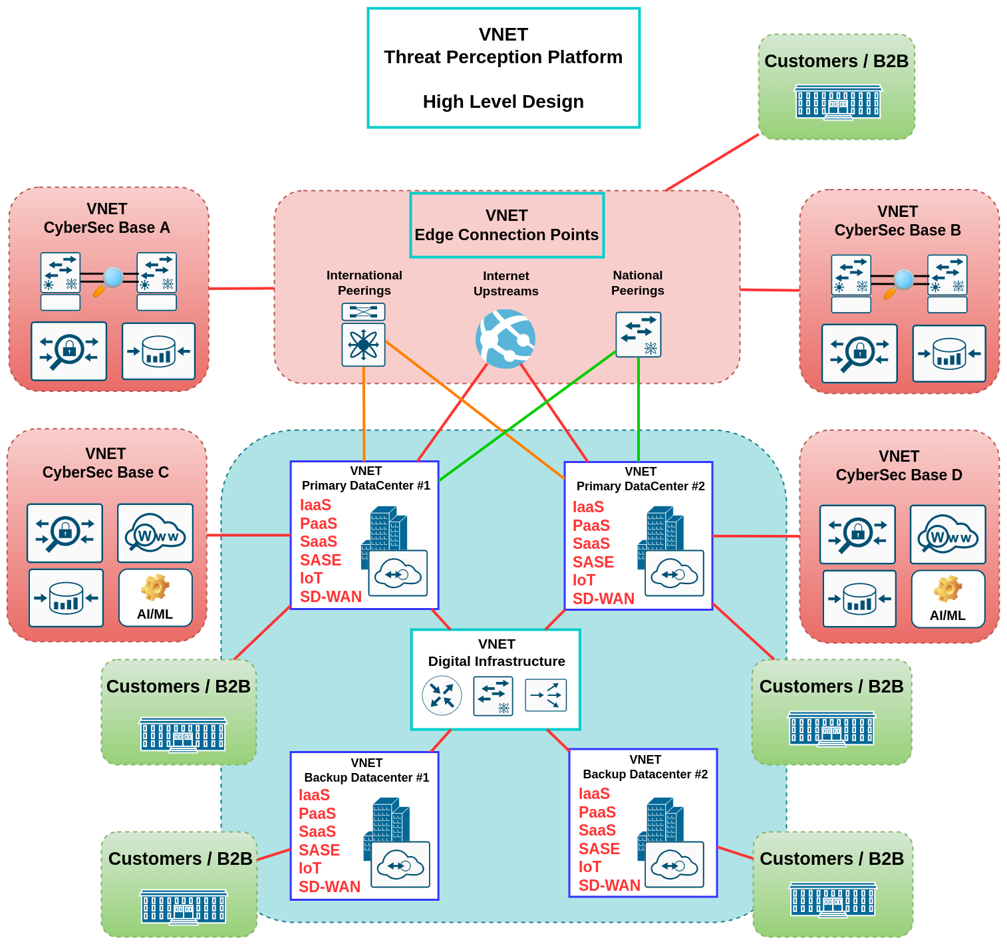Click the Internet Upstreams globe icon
(505, 339)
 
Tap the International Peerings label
(364, 283)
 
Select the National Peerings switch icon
(639, 335)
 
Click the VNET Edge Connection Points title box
(507, 225)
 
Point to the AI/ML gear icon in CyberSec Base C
(155, 588)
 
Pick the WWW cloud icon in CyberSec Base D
(948, 534)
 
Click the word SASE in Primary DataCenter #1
(321, 560)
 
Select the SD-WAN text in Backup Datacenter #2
(609, 885)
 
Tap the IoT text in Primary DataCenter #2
(584, 580)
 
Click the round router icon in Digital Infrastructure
(442, 695)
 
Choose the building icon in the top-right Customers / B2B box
(838, 102)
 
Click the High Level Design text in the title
(503, 102)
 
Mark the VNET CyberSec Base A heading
(107, 218)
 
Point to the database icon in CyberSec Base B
(949, 354)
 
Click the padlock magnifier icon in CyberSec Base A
(69, 351)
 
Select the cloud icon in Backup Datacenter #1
(400, 865)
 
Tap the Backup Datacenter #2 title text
(645, 774)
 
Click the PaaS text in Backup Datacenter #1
(317, 814)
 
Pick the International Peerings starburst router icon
(363, 345)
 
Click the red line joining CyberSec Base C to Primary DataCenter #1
(248, 535)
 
